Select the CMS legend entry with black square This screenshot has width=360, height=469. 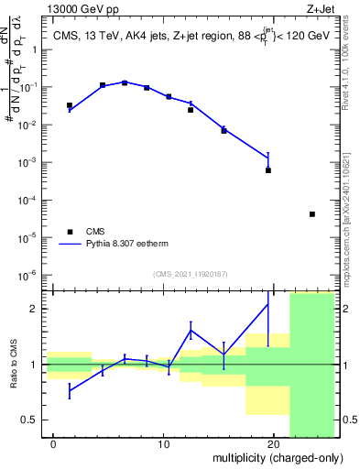(71, 233)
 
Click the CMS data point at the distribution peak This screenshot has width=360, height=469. (125, 82)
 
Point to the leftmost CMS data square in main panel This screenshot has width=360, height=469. (70, 105)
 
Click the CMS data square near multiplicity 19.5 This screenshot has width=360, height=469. (268, 170)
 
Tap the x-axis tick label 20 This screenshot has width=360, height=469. (273, 444)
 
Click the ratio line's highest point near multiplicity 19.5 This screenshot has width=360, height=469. (268, 304)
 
